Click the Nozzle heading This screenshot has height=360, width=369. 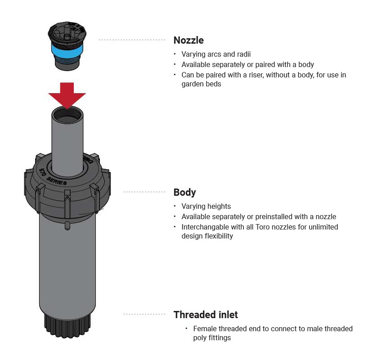click(189, 40)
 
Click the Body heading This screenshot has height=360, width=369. click(184, 192)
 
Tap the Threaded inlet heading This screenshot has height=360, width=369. click(206, 315)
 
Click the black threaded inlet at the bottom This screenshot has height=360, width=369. click(67, 323)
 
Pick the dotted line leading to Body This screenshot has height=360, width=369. click(144, 192)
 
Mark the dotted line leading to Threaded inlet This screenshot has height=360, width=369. click(144, 314)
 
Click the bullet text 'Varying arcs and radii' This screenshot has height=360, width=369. click(216, 54)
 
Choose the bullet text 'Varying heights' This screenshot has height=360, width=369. click(206, 207)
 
